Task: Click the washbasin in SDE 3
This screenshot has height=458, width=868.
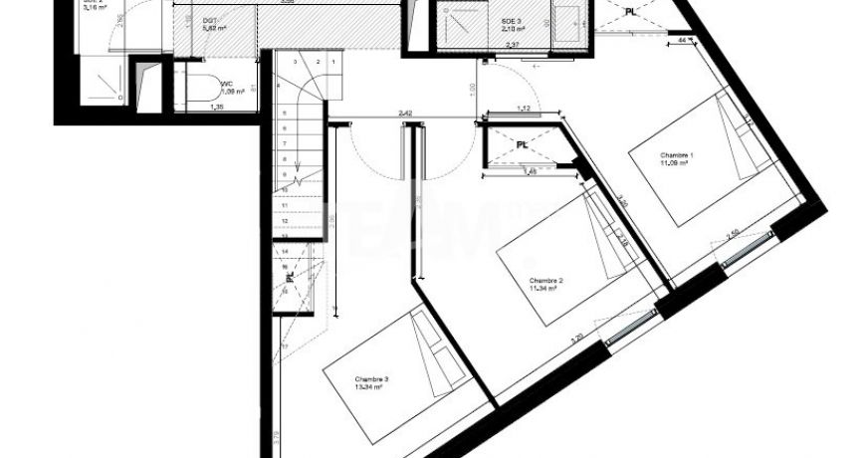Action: (x=568, y=22)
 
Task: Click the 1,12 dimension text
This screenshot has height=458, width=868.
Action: (x=523, y=109)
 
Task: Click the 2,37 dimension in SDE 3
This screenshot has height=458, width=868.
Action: (x=513, y=45)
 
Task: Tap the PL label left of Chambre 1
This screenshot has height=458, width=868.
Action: (x=522, y=144)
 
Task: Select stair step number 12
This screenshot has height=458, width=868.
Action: (x=286, y=222)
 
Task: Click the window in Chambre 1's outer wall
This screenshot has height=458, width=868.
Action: (x=747, y=249)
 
